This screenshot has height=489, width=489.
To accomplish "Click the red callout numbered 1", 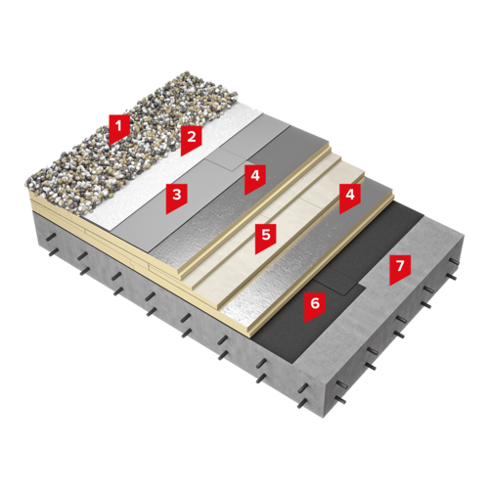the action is [x=119, y=128].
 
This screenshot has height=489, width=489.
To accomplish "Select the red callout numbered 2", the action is [x=192, y=140].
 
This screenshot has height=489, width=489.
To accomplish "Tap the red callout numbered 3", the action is [x=176, y=198].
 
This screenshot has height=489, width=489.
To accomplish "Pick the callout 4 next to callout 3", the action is [x=255, y=178].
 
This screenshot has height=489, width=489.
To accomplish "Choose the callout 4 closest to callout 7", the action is [x=350, y=198].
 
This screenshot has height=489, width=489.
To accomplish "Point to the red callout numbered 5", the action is [x=265, y=238].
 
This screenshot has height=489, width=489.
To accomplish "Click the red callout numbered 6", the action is [x=315, y=306].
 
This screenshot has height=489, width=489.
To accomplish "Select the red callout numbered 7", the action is [x=400, y=269].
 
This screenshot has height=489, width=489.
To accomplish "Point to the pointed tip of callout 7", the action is [x=390, y=286].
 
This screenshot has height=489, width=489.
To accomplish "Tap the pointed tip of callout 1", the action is [x=111, y=145].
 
